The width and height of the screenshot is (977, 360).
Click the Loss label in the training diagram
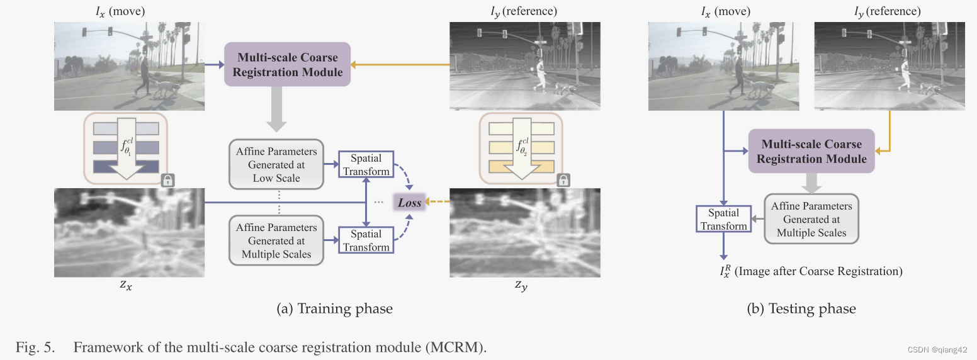point(409,203)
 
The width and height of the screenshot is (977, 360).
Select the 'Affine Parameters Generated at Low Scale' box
point(276,164)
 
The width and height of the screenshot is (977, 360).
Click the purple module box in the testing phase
point(811,151)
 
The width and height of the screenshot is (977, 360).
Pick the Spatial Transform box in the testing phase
point(723,219)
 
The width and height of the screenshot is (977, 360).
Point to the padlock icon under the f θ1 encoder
point(167,180)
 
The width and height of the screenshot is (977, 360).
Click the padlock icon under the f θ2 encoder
point(563,180)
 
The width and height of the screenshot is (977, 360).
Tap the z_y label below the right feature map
point(521,286)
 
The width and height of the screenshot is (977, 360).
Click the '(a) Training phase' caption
point(334,308)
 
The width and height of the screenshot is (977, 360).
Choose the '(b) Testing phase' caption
point(801,308)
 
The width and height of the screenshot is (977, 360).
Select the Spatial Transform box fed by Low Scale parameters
point(366,164)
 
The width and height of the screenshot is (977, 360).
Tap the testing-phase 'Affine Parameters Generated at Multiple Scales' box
point(811,219)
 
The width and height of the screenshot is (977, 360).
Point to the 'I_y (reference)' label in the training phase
point(521,11)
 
